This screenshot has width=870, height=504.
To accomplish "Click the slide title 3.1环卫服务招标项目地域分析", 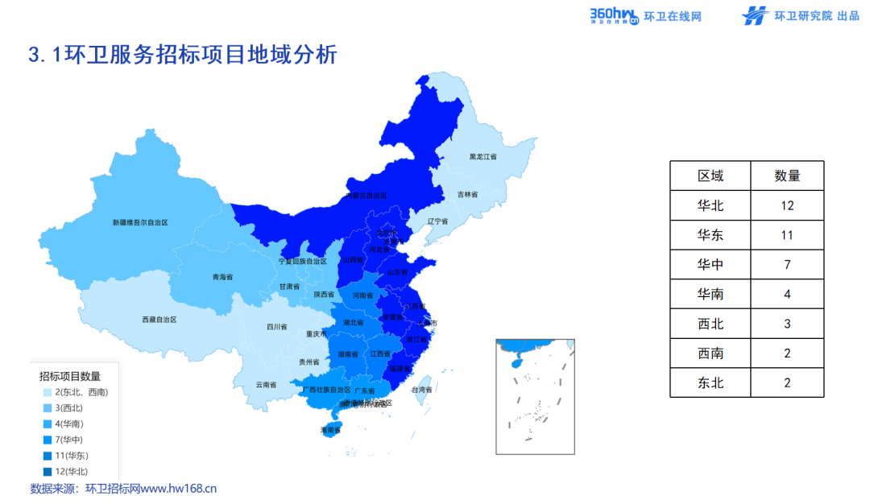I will pos(182,55).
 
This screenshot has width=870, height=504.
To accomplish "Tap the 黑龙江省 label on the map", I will pos(483,156).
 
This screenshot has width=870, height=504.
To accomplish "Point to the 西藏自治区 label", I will pos(159,320).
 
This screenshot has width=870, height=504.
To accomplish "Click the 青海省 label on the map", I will pos(222,277).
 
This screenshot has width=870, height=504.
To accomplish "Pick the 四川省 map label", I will pos(277,327).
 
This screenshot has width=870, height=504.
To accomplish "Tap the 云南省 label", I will pos(266,384).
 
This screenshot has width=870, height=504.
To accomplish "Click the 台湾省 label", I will pos(422,390).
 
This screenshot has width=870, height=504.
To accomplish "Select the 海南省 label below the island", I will pos(330,431).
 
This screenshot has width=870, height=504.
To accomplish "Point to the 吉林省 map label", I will pos(468,194).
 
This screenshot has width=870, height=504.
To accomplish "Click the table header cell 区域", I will pos(710,176).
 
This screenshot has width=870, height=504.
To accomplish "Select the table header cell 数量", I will pos(787,176).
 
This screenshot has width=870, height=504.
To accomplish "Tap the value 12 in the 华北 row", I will pos(787,205).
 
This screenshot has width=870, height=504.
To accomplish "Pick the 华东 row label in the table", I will pos(710,235).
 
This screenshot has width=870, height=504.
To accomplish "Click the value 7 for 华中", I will pos(787,265).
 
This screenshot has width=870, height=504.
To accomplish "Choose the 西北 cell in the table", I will pos(710,324).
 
